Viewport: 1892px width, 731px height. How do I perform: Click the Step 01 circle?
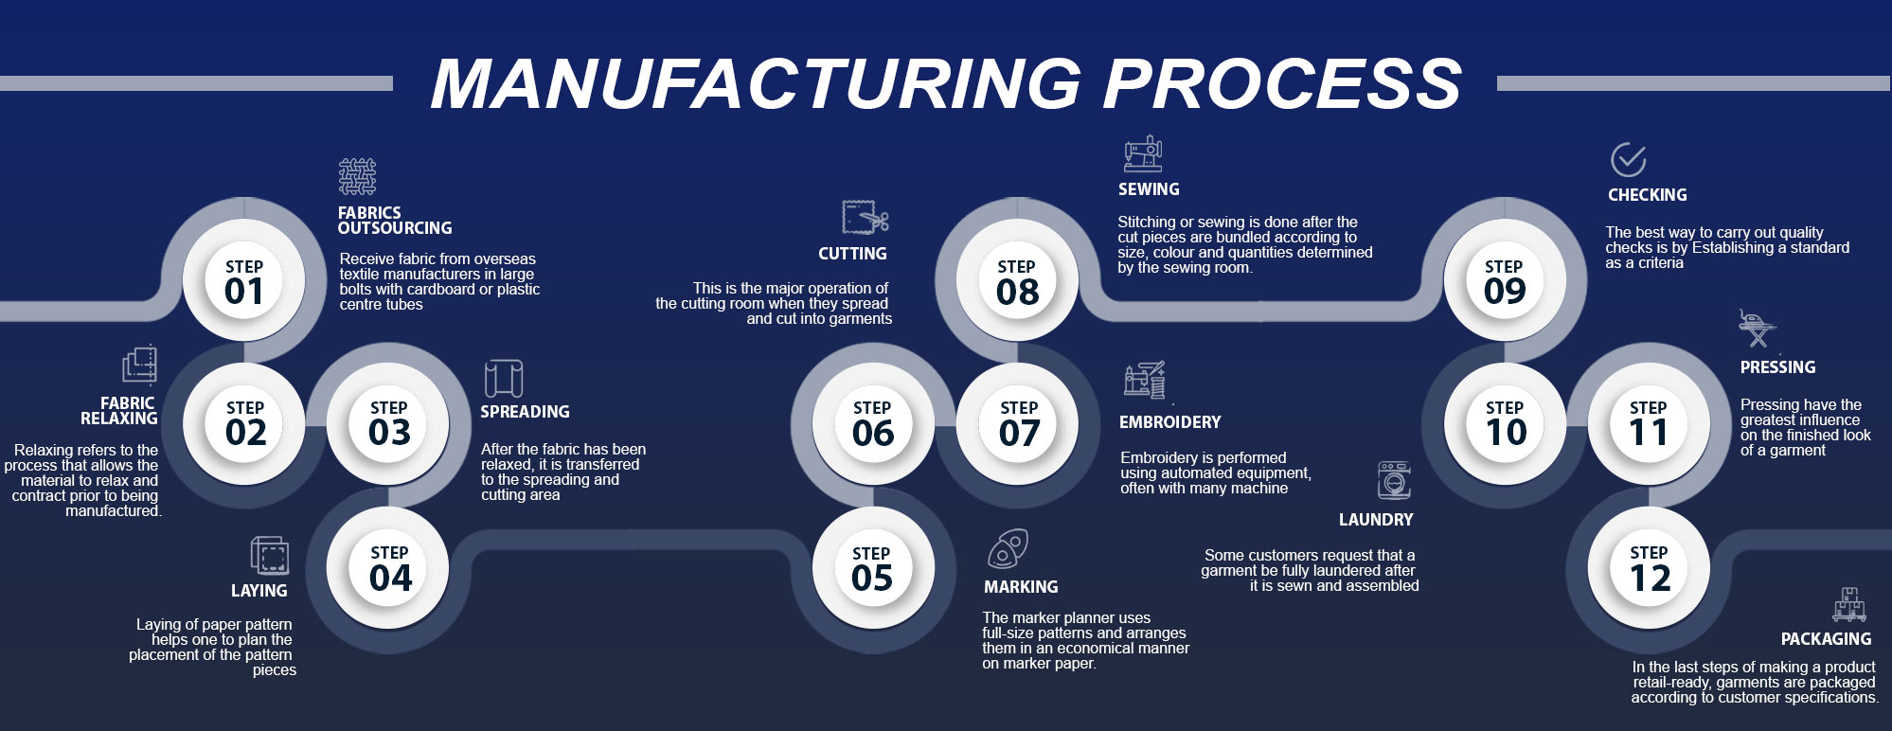(244, 281)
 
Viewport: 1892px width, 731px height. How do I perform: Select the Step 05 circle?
(872, 568)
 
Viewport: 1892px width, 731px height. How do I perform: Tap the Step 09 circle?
(1505, 281)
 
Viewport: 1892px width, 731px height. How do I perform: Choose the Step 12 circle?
(1649, 568)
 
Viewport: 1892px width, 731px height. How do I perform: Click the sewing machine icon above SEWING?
(1143, 153)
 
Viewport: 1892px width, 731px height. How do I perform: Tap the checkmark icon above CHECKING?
(1628, 160)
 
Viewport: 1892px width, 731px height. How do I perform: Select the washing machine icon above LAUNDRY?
(1394, 480)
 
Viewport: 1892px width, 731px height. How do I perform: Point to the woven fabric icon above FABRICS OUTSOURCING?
(357, 177)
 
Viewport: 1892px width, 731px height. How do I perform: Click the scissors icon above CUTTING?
(866, 218)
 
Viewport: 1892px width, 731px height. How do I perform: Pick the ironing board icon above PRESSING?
(1757, 328)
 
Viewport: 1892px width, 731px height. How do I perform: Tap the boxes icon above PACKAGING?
(1848, 604)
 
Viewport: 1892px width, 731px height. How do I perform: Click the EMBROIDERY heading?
(1169, 422)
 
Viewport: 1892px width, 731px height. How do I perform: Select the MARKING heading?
(1021, 587)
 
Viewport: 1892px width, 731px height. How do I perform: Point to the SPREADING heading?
(525, 412)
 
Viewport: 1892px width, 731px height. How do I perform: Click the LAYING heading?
(259, 591)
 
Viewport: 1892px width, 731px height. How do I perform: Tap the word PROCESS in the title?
(1283, 83)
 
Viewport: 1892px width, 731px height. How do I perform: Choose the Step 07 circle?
(1018, 423)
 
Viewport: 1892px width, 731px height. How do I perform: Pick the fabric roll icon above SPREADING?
(503, 379)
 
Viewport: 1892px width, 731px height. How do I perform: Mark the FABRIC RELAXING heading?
(119, 411)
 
